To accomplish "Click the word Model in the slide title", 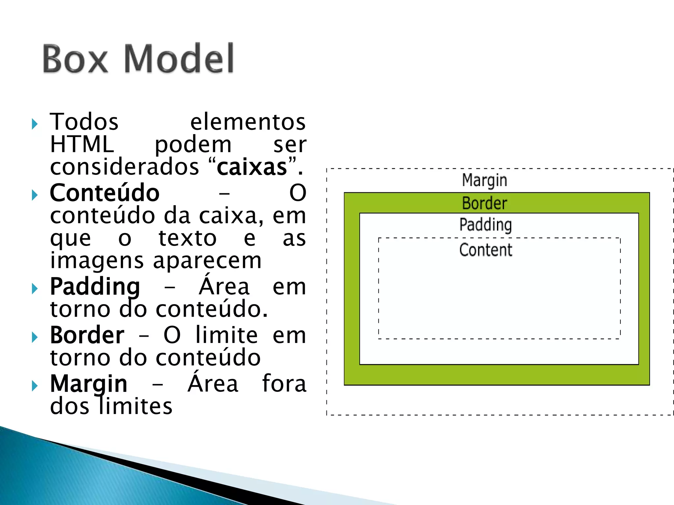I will click(179, 59).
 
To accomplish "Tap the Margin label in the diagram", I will click(484, 180).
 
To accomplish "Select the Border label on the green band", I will click(484, 203).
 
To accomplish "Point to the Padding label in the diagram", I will click(485, 225).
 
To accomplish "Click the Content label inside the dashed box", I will click(486, 250).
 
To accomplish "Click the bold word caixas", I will click(252, 167).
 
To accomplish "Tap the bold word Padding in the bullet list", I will click(95, 287).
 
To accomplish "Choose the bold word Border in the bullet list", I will click(87, 335).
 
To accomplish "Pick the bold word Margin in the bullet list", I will click(89, 384).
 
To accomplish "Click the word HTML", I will click(82, 144).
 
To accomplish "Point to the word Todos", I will click(84, 122).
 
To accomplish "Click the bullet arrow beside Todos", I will click(35, 124).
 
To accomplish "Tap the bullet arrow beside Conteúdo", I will click(35, 195).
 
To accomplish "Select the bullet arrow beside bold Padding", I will click(35, 289).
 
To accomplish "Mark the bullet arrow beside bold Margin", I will click(35, 386).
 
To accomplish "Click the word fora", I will click(284, 384).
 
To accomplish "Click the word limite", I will click(227, 335).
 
